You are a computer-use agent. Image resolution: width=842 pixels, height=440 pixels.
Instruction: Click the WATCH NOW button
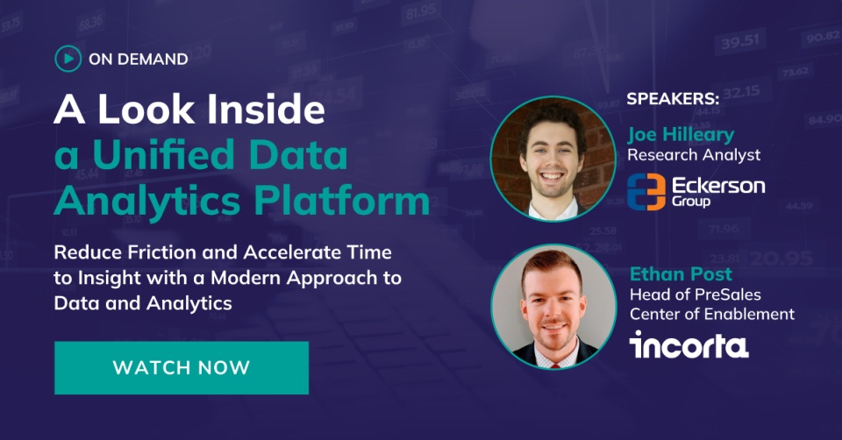click(182, 367)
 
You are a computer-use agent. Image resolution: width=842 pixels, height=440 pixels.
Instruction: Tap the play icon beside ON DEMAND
click(68, 59)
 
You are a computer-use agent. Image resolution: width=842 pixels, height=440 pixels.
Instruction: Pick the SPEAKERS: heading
click(673, 99)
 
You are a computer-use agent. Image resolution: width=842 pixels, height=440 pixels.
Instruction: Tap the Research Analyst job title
click(694, 155)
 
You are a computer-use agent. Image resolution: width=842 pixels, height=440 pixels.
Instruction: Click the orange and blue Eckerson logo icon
click(646, 190)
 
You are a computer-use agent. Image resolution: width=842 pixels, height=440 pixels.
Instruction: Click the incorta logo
click(689, 344)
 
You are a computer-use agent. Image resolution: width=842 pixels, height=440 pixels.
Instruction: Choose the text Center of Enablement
click(711, 314)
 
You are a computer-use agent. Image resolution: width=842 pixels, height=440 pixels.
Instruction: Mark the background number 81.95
click(421, 12)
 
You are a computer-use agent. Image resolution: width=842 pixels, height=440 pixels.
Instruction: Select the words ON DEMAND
click(139, 60)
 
